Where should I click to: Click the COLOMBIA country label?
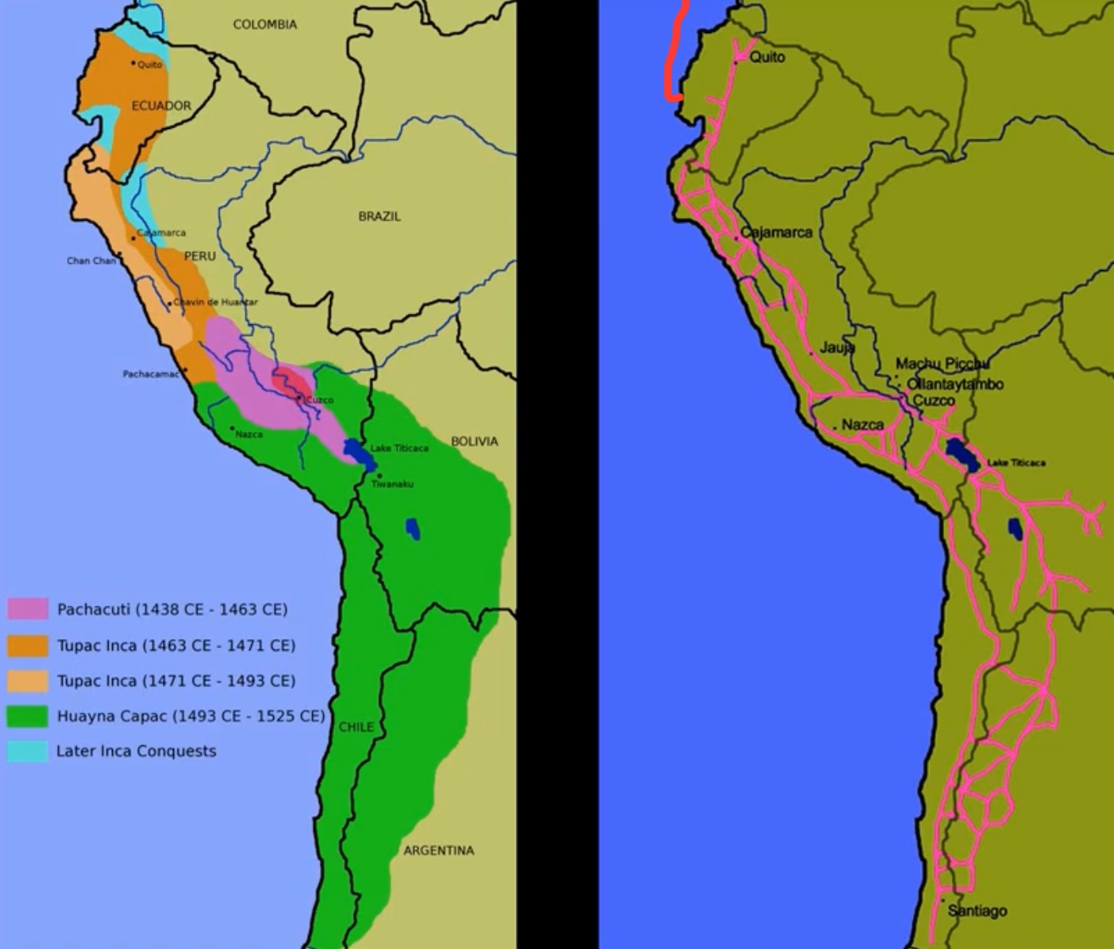pyautogui.click(x=265, y=25)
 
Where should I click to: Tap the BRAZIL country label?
pyautogui.click(x=379, y=216)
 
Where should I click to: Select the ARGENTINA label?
pyautogui.click(x=438, y=851)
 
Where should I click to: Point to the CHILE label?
pyautogui.click(x=355, y=727)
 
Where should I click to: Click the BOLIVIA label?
pyautogui.click(x=474, y=441)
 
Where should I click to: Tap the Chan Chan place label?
pyautogui.click(x=91, y=261)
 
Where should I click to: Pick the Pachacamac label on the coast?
pyautogui.click(x=150, y=373)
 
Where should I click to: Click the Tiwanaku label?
pyautogui.click(x=392, y=484)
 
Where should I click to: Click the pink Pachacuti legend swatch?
pyautogui.click(x=28, y=609)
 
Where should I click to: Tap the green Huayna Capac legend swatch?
pyautogui.click(x=28, y=716)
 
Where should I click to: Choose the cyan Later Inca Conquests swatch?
pyautogui.click(x=28, y=751)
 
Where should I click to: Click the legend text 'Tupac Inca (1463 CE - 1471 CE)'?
pyautogui.click(x=176, y=646)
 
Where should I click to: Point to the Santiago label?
pyautogui.click(x=977, y=911)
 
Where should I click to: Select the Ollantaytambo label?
pyautogui.click(x=954, y=384)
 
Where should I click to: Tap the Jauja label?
pyautogui.click(x=837, y=347)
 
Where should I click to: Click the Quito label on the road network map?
pyautogui.click(x=767, y=57)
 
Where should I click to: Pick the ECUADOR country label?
pyautogui.click(x=161, y=106)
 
